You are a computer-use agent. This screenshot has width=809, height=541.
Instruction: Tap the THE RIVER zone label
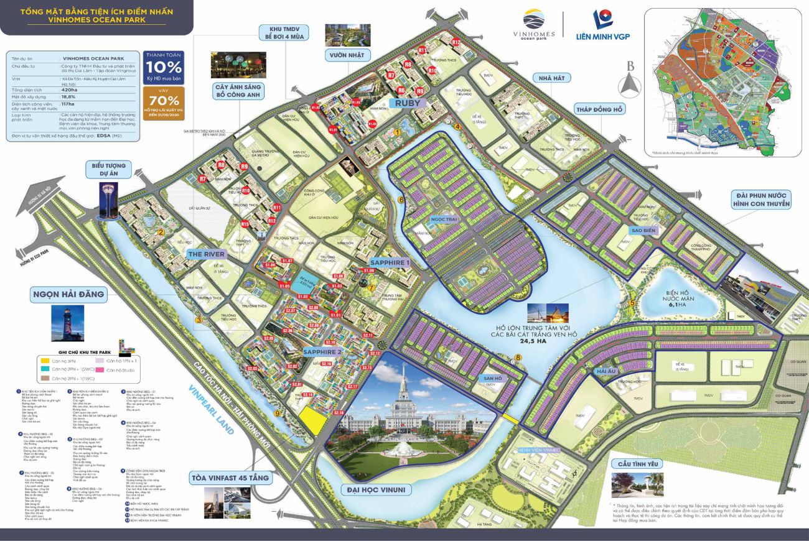coord(207,254)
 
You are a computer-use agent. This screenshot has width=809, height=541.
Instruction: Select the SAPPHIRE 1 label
coord(390,262)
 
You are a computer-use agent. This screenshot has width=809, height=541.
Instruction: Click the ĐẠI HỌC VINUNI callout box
coord(373,490)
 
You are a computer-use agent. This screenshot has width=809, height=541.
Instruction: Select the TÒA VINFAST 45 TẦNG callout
coord(234,478)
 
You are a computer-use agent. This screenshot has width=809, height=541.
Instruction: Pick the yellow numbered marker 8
coord(518,358)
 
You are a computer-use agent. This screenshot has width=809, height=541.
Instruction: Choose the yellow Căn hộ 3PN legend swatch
coord(45,361)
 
